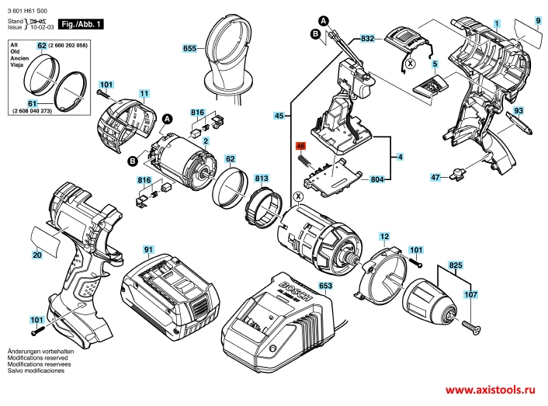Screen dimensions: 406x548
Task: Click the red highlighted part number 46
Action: (x=300, y=145)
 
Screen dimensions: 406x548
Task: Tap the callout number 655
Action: (x=189, y=48)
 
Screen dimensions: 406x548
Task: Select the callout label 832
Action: (x=368, y=37)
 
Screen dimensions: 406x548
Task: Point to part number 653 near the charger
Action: (x=325, y=286)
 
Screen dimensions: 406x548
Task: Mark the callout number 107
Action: (x=470, y=294)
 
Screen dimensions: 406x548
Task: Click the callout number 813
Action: (x=261, y=178)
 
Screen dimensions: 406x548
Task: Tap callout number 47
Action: (x=435, y=178)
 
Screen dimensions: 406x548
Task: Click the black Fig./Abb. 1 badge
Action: (x=82, y=26)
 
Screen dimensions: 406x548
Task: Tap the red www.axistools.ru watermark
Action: (x=491, y=390)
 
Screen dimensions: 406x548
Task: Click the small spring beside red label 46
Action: (x=307, y=161)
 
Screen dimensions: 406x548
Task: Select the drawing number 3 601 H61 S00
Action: (x=31, y=6)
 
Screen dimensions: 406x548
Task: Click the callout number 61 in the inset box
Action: (x=33, y=103)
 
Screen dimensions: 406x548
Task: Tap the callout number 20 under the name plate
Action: (x=36, y=255)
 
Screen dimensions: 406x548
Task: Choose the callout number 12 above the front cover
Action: (x=383, y=235)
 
